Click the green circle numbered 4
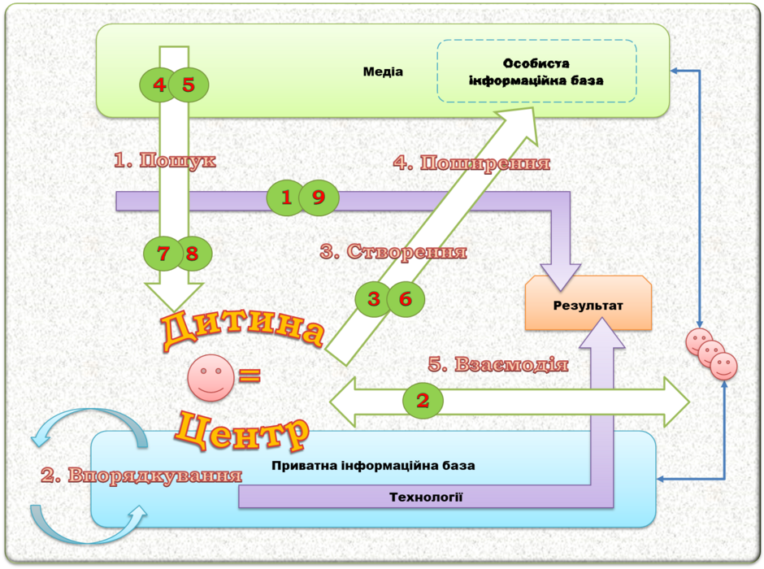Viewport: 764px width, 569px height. coord(158,85)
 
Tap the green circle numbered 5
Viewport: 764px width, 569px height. coord(189,85)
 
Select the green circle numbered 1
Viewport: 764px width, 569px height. coord(285,198)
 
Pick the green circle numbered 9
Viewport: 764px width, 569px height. coord(319,198)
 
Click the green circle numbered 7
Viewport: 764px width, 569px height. coord(163,254)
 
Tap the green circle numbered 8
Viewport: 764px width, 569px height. coord(193,254)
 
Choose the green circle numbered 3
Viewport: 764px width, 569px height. coord(373,299)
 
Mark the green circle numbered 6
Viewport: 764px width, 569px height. coord(406,299)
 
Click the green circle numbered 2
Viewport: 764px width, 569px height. coord(423,401)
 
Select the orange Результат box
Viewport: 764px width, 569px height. coord(588,303)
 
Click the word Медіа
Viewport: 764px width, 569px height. coord(383,72)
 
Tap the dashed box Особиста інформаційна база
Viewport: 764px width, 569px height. coord(536,72)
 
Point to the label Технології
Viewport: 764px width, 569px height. coord(426,497)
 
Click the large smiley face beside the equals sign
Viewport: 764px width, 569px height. coord(211,377)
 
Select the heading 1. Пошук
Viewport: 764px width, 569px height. coord(165,160)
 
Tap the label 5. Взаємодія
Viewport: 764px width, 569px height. coord(498,364)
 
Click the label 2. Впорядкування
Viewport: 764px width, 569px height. coord(141,475)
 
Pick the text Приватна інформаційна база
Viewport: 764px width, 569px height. coord(373,466)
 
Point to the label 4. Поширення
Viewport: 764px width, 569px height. coord(471,163)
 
